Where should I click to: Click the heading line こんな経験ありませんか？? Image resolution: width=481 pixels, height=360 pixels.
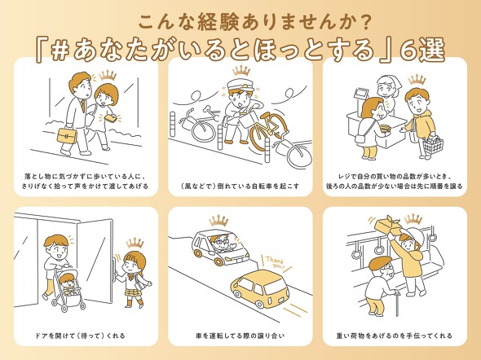pyautogui.click(x=240, y=19)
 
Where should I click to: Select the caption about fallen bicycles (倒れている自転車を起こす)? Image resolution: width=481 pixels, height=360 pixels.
pyautogui.click(x=240, y=186)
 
